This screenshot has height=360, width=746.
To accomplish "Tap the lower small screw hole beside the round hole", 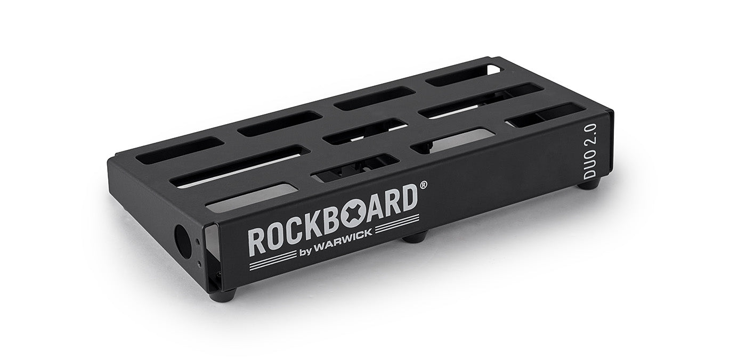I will [199, 261].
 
